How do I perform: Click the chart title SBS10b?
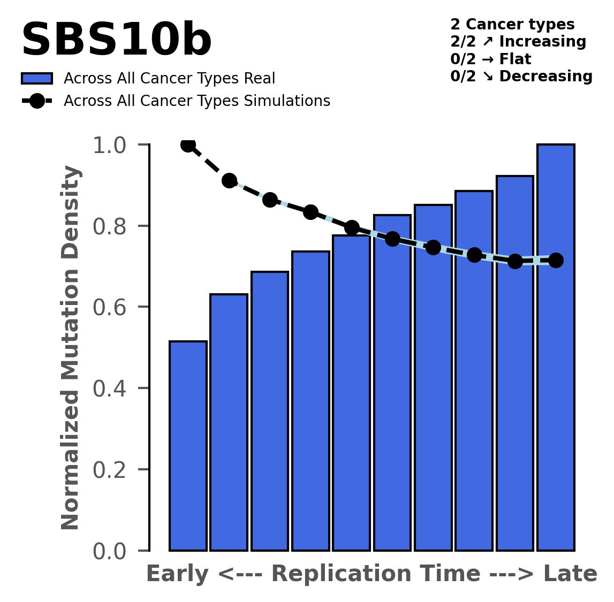[x=116, y=41]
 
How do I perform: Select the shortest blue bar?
[x=188, y=445]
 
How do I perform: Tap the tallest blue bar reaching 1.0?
[x=556, y=348]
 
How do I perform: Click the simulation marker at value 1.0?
[x=188, y=144]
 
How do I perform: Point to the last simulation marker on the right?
[x=556, y=260]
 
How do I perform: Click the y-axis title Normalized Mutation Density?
[x=71, y=348]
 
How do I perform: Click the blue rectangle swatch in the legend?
[x=37, y=79]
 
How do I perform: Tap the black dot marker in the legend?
[x=37, y=101]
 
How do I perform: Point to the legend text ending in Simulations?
[x=196, y=101]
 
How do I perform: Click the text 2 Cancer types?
[x=512, y=25]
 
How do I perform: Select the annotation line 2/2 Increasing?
[x=518, y=42]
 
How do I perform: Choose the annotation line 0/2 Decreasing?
[x=521, y=77]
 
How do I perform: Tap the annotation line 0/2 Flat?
[x=491, y=59]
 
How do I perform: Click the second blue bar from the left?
[x=229, y=423]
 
